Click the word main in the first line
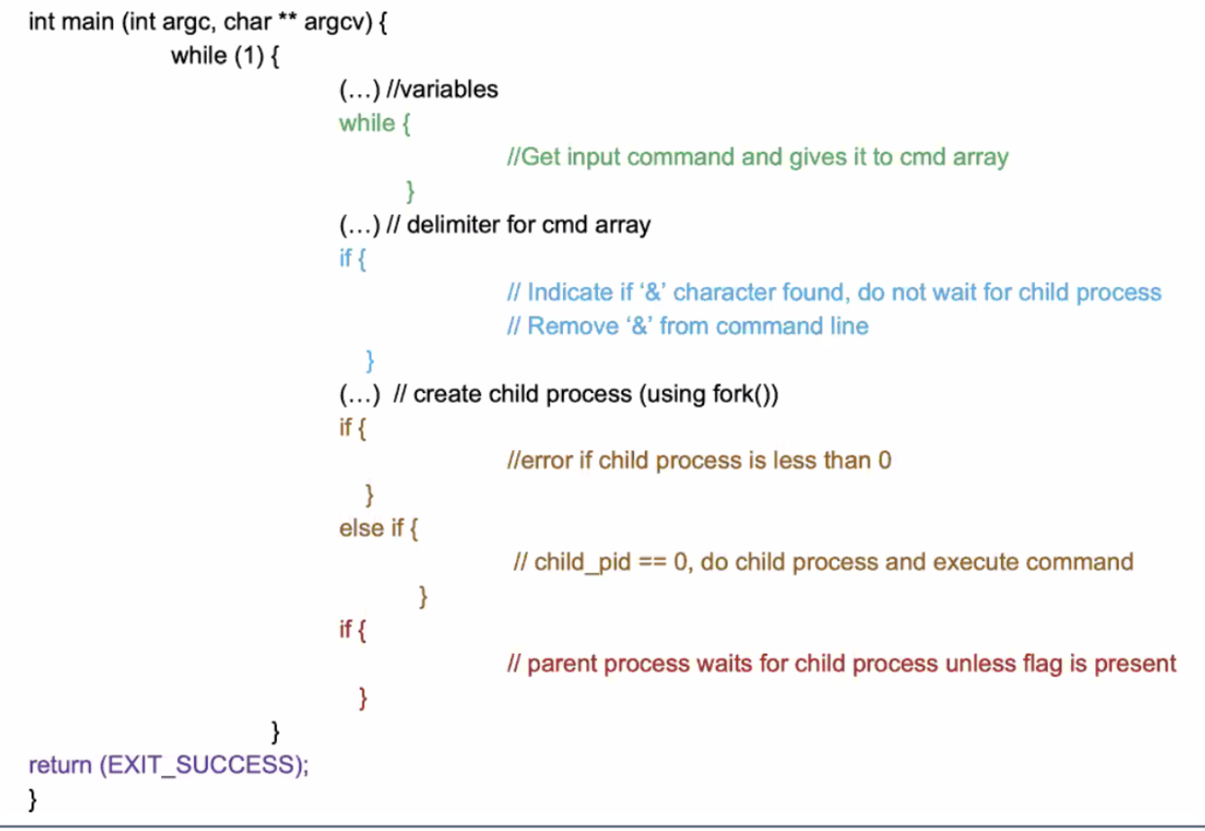click(x=86, y=22)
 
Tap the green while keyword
click(x=367, y=123)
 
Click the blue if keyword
click(x=345, y=259)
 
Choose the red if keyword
click(x=345, y=630)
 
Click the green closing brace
click(x=410, y=192)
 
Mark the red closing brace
click(x=363, y=698)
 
